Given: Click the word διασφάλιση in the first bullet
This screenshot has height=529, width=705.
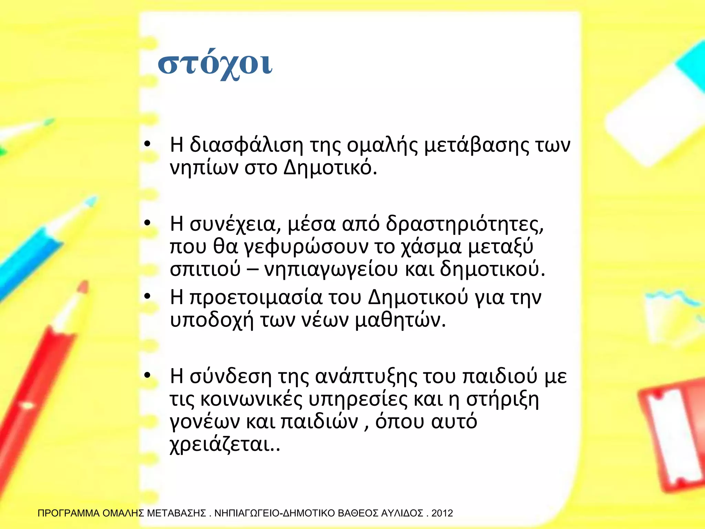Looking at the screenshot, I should (246, 145).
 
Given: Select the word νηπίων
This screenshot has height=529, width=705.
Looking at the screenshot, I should (204, 168).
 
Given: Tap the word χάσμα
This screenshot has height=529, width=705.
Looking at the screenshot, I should (431, 247).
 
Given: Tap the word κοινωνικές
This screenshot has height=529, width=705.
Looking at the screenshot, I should (251, 399).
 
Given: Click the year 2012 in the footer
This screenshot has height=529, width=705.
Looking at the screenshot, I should (442, 514).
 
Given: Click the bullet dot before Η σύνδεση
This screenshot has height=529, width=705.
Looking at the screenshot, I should (147, 375).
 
